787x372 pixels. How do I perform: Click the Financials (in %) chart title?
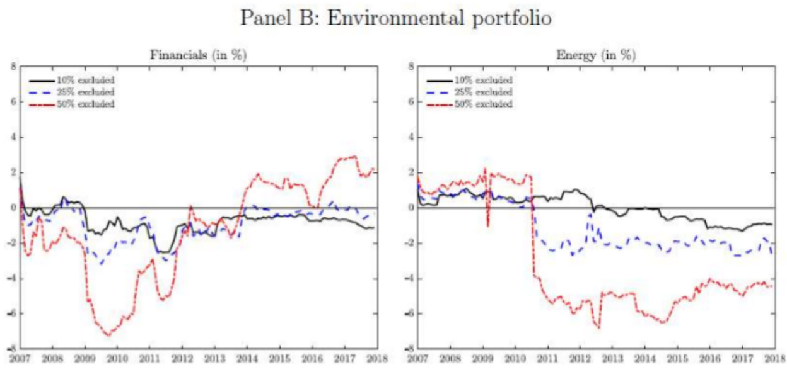click(197, 55)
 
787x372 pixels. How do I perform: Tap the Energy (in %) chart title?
click(595, 55)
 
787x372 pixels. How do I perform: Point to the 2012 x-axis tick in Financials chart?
click(182, 359)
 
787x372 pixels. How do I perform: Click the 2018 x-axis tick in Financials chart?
click(376, 359)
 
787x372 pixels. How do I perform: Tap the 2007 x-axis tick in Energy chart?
click(417, 359)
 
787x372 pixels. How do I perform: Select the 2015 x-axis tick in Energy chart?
click(677, 359)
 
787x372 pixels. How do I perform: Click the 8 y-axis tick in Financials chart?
click(13, 66)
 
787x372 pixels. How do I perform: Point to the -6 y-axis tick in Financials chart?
click(11, 313)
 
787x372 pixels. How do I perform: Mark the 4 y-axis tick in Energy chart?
click(409, 137)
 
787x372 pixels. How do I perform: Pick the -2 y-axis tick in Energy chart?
click(408, 243)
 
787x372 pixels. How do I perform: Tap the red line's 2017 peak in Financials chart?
click(353, 156)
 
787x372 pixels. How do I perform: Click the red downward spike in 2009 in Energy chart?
click(487, 225)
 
